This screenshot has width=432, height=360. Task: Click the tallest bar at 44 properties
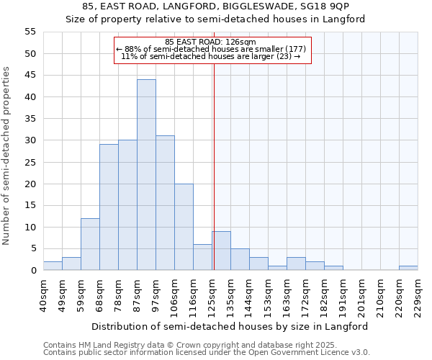146,175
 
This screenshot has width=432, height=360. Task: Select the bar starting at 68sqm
109,207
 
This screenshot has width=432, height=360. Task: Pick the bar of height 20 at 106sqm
184,227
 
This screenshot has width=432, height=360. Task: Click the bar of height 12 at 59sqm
90,244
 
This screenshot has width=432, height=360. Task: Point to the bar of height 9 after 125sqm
221,251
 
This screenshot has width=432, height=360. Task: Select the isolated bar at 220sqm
408,268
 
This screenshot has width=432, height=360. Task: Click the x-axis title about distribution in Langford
230,326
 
